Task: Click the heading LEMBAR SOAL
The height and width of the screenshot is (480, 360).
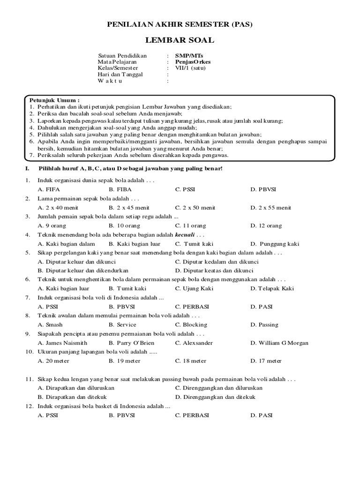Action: pyautogui.click(x=180, y=40)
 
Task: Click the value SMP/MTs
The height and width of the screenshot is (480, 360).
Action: pyautogui.click(x=187, y=55)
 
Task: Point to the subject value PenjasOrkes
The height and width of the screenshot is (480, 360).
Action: pyautogui.click(x=193, y=61)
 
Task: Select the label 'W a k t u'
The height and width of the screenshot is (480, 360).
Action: pyautogui.click(x=110, y=81)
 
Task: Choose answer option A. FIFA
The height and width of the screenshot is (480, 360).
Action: pyautogui.click(x=49, y=189)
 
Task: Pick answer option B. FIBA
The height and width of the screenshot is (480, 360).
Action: pyautogui.click(x=120, y=189)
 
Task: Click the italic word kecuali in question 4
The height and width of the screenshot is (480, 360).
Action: pyautogui.click(x=185, y=235)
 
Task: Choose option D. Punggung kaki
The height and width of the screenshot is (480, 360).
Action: pyautogui.click(x=275, y=244)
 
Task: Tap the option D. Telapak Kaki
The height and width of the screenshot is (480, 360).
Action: pyautogui.click(x=272, y=289)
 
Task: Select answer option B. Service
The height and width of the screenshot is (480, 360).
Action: pyautogui.click(x=122, y=325)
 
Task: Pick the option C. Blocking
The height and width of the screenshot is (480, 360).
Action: pyautogui.click(x=191, y=325)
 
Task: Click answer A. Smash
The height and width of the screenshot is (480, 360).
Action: pyautogui.click(x=50, y=325)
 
